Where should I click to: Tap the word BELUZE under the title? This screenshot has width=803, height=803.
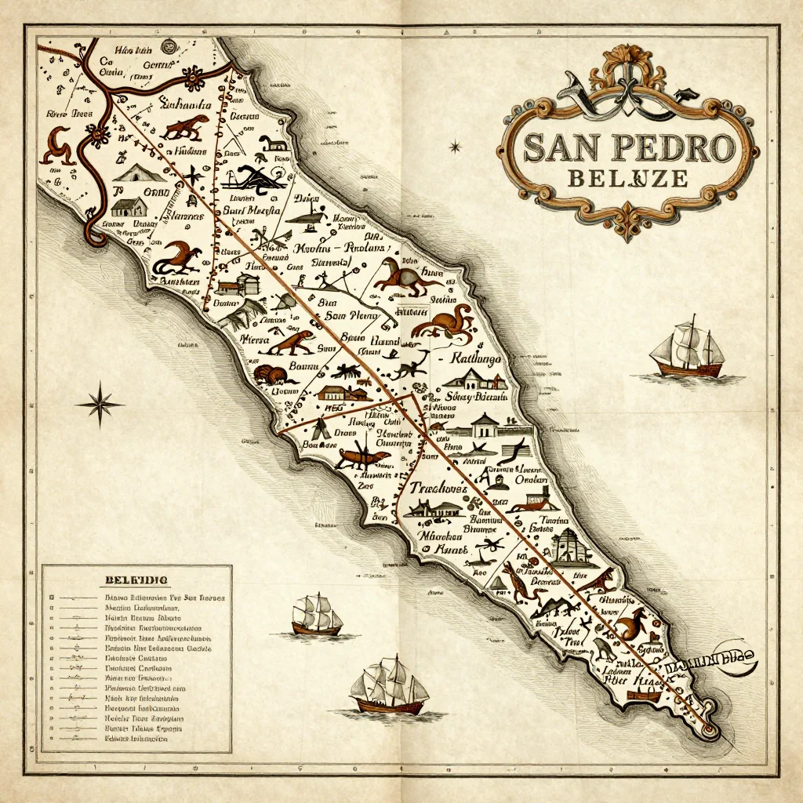pos(627,179)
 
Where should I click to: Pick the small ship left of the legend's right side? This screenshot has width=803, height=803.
pos(316,616)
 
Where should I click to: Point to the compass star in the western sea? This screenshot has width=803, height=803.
pos(100,405)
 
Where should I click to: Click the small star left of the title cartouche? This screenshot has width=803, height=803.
pos(454,146)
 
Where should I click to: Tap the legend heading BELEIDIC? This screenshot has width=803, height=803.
pos(136,580)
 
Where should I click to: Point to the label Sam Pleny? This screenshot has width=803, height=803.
pos(346,316)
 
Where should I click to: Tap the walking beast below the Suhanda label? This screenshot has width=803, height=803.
pos(186,127)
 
